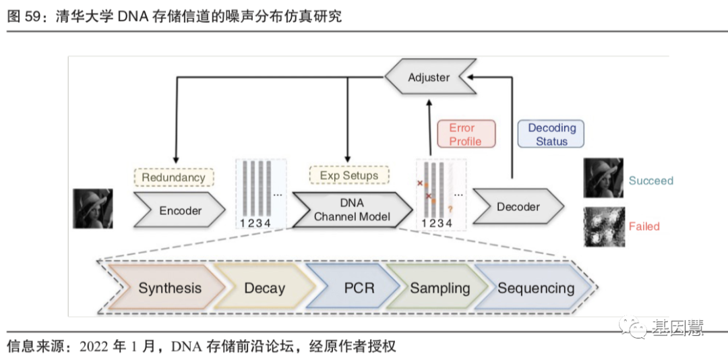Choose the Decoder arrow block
[x=518, y=207]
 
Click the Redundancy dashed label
[x=173, y=177]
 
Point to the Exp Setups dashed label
[x=348, y=175]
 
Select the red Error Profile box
[x=465, y=134]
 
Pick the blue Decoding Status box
[x=551, y=134]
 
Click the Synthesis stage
[x=169, y=288]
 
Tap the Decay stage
[x=264, y=288]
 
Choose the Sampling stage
[x=439, y=288]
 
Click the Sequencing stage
[x=536, y=288]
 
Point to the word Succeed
[x=650, y=181]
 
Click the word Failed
[x=644, y=227]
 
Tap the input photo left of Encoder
[x=93, y=208]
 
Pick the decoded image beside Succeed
[x=603, y=179]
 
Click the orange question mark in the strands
[x=450, y=209]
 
